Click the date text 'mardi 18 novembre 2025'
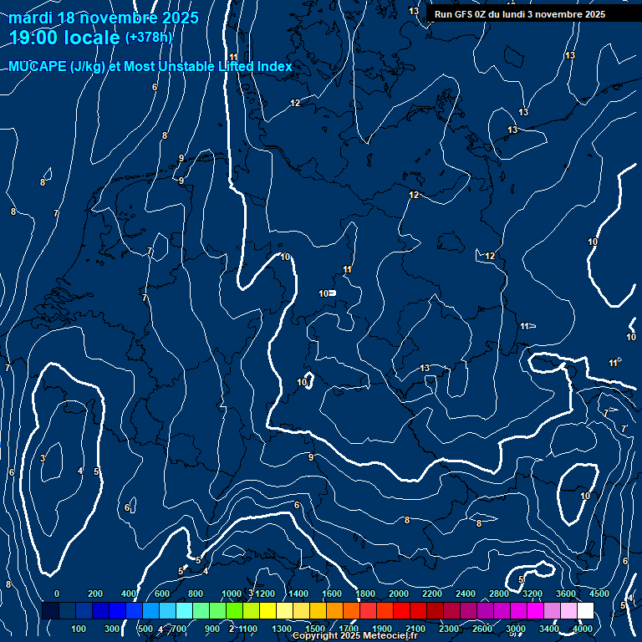(x=104, y=18)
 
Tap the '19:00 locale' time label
(x=65, y=38)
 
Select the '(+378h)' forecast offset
(x=148, y=38)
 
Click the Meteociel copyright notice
(x=355, y=636)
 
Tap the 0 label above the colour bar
(x=57, y=594)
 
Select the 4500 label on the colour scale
(x=599, y=594)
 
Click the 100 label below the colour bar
(x=79, y=629)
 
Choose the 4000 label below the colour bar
(x=583, y=629)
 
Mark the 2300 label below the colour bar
(x=449, y=629)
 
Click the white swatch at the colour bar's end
(x=585, y=610)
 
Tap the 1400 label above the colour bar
(x=298, y=594)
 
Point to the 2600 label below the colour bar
(x=482, y=629)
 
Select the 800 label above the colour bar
(x=196, y=594)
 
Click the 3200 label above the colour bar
(x=532, y=594)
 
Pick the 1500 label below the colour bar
(x=315, y=629)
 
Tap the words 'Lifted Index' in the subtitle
(x=255, y=67)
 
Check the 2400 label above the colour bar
(x=466, y=594)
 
